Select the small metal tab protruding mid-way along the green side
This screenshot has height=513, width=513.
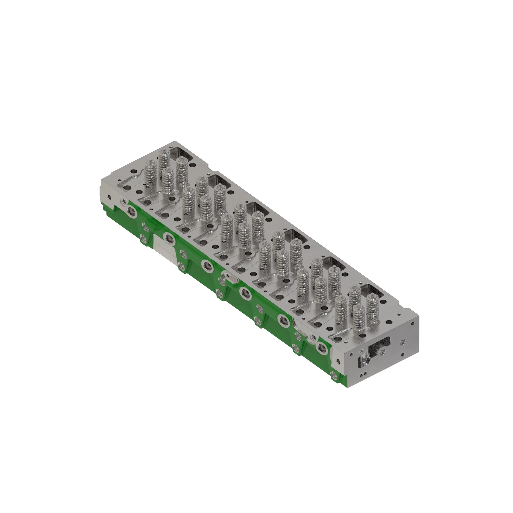[231, 278]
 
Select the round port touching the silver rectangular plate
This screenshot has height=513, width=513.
[169, 238]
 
